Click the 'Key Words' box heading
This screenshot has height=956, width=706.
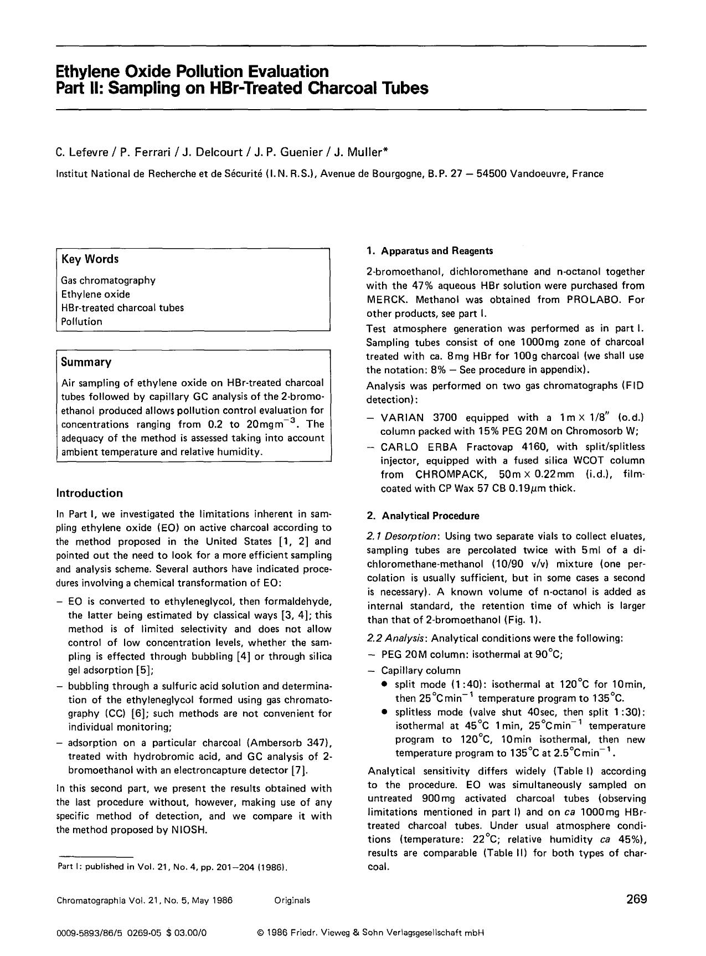pos(90,259)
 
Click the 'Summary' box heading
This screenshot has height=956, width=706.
pos(86,362)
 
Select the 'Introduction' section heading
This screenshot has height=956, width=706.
pos(89,493)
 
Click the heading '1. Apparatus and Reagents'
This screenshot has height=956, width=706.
pos(429,251)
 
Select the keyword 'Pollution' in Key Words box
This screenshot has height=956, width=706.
pos(81,321)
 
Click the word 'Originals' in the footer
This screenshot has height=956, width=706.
pos(292,900)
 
